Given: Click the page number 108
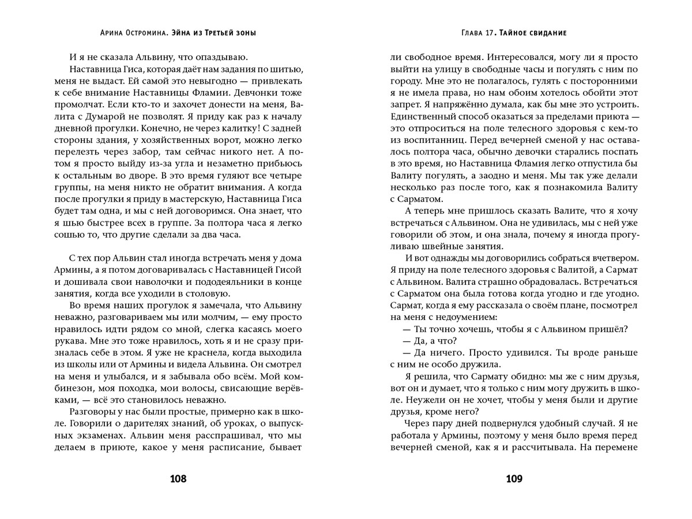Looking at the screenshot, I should [178, 478].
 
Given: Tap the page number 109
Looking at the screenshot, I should [513, 478].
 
